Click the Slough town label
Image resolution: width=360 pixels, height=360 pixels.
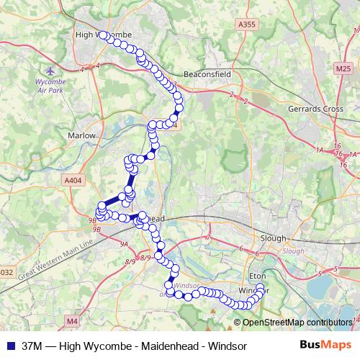click(x=274, y=238)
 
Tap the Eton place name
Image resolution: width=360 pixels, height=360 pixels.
click(x=257, y=275)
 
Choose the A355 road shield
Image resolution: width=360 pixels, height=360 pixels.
click(x=246, y=24)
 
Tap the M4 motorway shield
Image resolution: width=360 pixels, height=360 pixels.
click(x=71, y=320)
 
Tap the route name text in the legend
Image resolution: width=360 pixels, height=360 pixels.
click(x=135, y=346)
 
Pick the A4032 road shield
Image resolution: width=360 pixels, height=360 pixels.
click(x=5, y=272)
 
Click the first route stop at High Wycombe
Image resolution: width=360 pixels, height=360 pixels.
click(x=103, y=35)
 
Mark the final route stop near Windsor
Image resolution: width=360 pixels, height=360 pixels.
click(x=260, y=288)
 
